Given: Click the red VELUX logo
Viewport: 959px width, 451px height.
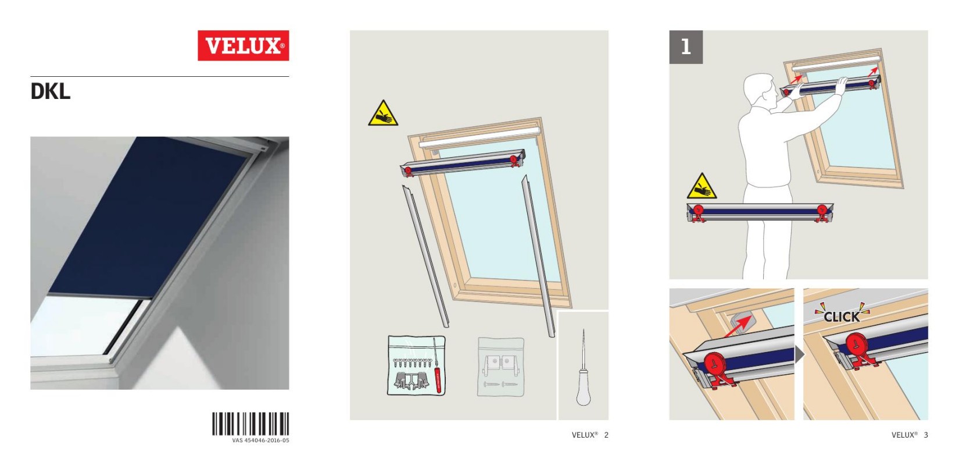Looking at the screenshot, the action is point(243,45).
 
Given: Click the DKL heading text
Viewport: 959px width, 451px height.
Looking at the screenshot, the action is point(50,92).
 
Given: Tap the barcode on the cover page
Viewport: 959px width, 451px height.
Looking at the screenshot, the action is point(251,424).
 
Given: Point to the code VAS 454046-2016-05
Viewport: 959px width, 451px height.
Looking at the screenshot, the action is point(261,441).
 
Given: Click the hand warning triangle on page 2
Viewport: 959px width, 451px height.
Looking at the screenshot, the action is point(383,114).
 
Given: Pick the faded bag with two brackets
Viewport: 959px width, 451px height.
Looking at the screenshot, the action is point(500,367).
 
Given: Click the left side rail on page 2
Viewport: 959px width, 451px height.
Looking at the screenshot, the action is point(425,255).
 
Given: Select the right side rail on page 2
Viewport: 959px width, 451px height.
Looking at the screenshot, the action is point(538,256).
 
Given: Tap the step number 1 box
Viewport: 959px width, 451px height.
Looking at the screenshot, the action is point(686,47).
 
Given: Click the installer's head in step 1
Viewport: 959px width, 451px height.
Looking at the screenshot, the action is point(760,91).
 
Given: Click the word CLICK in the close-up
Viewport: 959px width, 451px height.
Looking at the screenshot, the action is point(842,317).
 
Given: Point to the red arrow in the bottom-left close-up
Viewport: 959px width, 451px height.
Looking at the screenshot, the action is point(737,327).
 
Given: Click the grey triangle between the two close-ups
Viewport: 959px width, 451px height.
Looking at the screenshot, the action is point(800,354).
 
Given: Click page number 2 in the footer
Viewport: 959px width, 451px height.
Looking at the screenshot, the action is point(606,435).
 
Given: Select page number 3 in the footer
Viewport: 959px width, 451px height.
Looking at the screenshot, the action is point(926,435).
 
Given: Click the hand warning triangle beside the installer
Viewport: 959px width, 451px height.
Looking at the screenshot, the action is point(702,186).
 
